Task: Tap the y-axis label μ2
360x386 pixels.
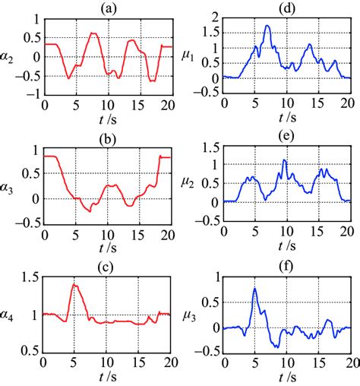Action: pyautogui.click(x=192, y=183)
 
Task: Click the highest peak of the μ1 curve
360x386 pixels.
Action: pyautogui.click(x=267, y=26)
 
